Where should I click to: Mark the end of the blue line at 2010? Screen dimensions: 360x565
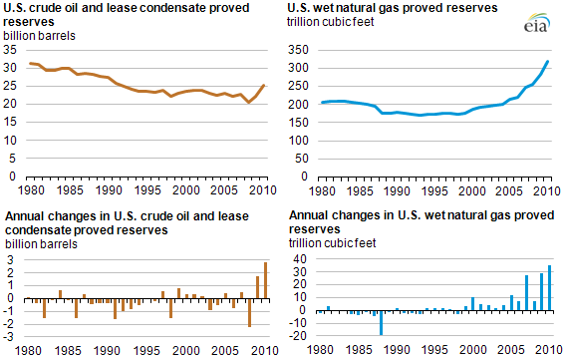550,62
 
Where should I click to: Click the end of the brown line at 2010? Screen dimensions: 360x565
263,85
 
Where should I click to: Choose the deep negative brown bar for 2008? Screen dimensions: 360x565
249,312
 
